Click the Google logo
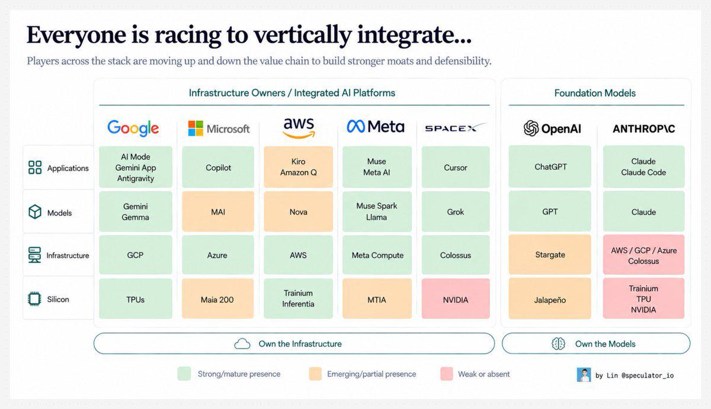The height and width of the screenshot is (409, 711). click(133, 128)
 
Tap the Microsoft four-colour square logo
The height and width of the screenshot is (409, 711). click(196, 128)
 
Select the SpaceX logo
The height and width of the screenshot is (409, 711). click(456, 127)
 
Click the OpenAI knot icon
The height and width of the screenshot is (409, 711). click(531, 128)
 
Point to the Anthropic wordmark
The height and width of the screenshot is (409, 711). click(643, 129)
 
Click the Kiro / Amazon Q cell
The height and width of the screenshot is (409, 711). click(299, 167)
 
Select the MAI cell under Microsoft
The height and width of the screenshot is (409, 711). click(218, 212)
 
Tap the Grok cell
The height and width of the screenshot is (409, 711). click(456, 212)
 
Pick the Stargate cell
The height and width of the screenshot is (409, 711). click(550, 255)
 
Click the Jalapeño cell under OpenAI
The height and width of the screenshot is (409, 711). click(550, 299)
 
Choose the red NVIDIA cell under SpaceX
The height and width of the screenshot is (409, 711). click(456, 299)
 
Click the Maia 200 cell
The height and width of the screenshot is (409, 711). click(218, 299)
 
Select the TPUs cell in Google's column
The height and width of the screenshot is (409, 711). click(136, 299)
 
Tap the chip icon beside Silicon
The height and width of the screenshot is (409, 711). click(34, 299)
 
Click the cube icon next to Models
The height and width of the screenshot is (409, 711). click(35, 212)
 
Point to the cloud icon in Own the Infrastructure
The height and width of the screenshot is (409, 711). click(242, 344)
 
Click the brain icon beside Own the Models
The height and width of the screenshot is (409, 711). click(558, 344)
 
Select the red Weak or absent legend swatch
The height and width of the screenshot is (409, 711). click(447, 374)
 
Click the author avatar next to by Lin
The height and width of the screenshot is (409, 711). click(584, 375)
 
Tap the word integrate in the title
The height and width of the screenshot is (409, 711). click(414, 35)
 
